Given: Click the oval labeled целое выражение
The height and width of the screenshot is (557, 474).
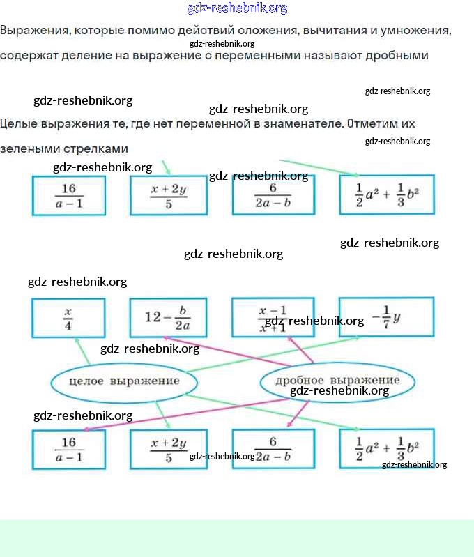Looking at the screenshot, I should (124, 381).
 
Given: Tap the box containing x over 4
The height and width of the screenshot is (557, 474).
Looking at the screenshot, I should (68, 318).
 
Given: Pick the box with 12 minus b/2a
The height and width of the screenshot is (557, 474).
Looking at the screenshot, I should (168, 318).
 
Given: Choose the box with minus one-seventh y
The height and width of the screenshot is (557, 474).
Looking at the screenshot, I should (386, 317).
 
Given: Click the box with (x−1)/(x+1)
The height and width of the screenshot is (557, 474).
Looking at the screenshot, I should (273, 318).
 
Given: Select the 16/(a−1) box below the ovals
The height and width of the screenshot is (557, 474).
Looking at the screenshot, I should (68, 449).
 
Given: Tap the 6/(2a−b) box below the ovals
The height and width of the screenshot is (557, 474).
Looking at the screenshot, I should (273, 449).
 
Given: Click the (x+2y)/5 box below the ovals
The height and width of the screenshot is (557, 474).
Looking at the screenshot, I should (168, 449).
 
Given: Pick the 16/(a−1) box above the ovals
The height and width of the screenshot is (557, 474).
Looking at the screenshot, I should (68, 195).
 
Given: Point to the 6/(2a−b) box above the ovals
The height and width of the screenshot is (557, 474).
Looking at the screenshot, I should (273, 195).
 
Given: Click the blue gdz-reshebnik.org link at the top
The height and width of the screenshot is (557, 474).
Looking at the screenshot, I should (237, 8).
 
